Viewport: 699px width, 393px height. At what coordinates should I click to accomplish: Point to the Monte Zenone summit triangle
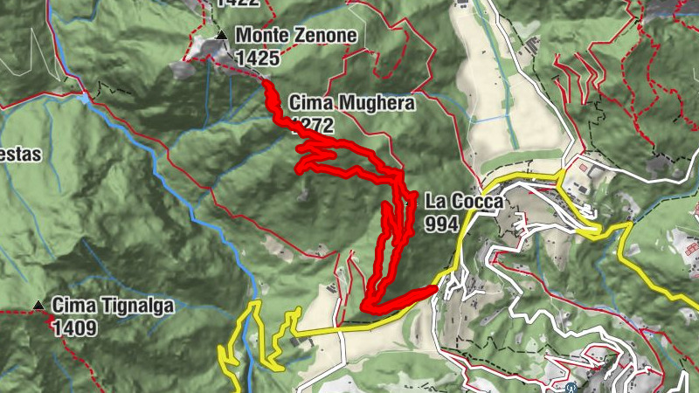click(x=222, y=35)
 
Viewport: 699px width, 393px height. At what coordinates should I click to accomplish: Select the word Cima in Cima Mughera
click(x=309, y=104)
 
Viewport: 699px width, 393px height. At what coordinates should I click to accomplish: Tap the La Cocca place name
click(x=465, y=202)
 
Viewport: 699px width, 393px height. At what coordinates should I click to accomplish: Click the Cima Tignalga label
click(x=113, y=306)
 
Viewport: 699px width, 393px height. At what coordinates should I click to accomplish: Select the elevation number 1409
click(x=73, y=328)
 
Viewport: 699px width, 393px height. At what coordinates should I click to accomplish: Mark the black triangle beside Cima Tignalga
click(x=38, y=306)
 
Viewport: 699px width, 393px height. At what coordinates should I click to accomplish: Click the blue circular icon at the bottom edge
click(x=571, y=388)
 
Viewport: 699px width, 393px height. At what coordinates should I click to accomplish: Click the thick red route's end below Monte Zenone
click(x=266, y=82)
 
